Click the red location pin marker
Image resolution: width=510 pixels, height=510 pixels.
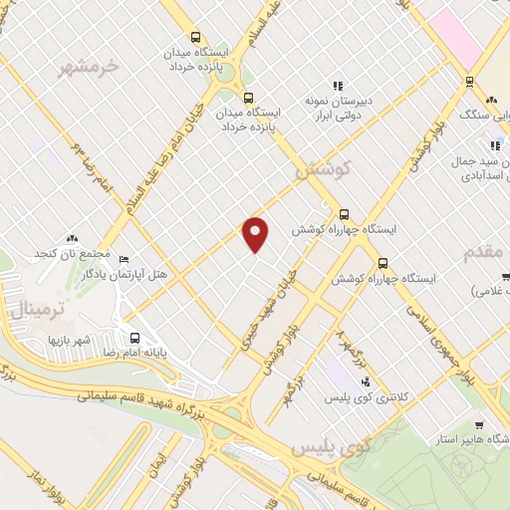coord(256,233)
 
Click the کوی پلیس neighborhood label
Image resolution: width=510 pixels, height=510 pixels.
coord(331,448)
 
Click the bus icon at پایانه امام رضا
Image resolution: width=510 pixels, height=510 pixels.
coord(133,337)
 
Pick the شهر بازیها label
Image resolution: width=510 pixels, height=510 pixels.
coord(70,340)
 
